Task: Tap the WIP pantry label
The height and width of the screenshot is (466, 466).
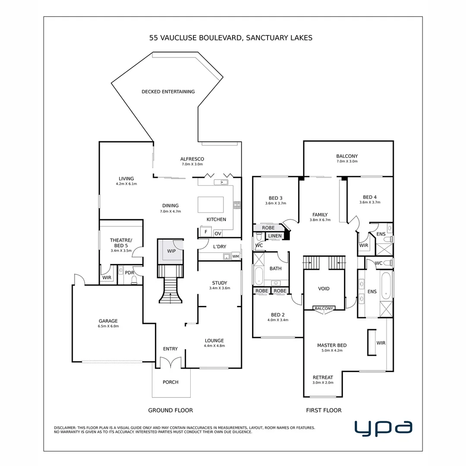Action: [x=171, y=251]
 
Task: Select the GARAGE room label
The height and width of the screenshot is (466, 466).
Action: [x=108, y=321]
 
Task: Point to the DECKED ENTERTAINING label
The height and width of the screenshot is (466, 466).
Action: [x=168, y=91]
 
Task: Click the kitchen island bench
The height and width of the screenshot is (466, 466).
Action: [x=211, y=205]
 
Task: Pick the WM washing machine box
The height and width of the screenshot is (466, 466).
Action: [x=236, y=256]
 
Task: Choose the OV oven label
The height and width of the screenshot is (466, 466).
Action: [x=218, y=233]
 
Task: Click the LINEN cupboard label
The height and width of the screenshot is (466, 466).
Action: [x=274, y=236]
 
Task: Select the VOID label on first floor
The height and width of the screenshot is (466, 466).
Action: [x=324, y=289]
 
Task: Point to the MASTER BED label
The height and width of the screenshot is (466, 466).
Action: [x=332, y=345]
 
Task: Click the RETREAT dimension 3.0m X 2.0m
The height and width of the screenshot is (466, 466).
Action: [x=323, y=383]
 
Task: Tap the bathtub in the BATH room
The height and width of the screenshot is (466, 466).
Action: [x=258, y=276]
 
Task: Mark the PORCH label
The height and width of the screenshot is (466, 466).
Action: [x=170, y=382]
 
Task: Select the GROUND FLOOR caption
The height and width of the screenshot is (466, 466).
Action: [x=170, y=410]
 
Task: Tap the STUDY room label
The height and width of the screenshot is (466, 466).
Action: [x=220, y=283]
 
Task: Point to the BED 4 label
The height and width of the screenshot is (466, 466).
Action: [x=370, y=197]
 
